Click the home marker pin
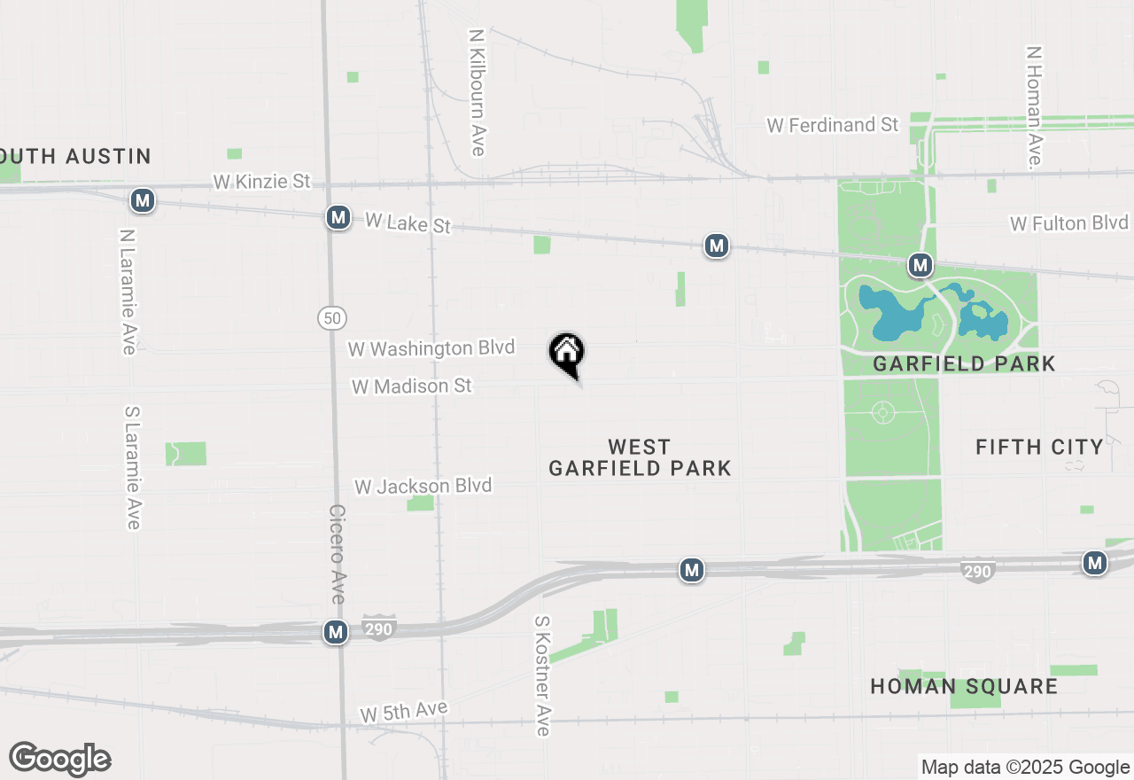pos(567,355)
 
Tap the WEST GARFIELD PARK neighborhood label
pos(640,457)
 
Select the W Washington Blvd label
pos(431,348)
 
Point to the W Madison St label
pos(411,386)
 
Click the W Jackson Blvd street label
pos(423,487)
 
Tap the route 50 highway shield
pos(332,317)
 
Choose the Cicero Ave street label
pos(337,554)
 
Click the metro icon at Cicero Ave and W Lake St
pos(337,217)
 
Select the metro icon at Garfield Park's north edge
pos(920,264)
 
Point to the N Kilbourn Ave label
pos(478,92)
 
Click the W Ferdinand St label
pos(833,125)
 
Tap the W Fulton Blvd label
pos(1069,223)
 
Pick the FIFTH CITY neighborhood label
pos(1039,447)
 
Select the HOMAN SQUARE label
pos(964,687)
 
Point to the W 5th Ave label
pos(404,712)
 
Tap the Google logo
pos(60,759)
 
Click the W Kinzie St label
pos(261,182)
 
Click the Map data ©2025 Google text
pos(1025,768)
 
